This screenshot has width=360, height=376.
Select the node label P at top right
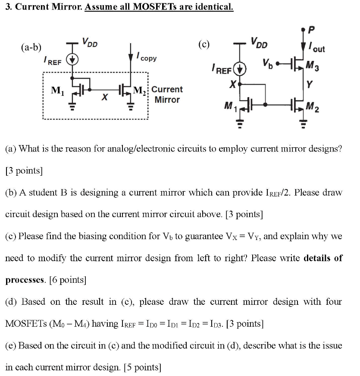pyautogui.click(x=313, y=30)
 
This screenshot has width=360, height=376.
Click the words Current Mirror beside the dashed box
pyautogui.click(x=167, y=95)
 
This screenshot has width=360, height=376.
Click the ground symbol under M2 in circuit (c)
pyautogui.click(x=303, y=124)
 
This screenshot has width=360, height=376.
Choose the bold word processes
pyautogui.click(x=25, y=280)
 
